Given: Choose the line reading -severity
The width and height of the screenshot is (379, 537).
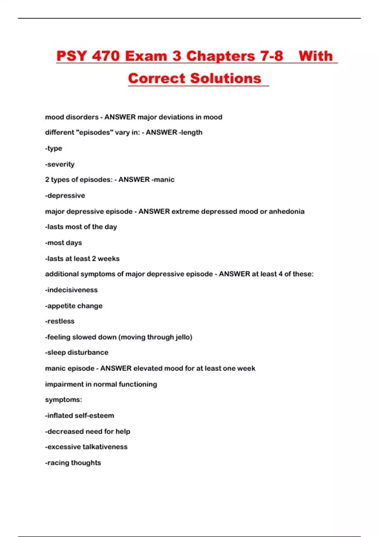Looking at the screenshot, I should [x=60, y=164].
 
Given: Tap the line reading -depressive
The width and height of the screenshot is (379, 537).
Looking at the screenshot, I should [x=65, y=196].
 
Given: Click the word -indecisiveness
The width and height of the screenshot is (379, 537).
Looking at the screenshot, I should [x=71, y=290].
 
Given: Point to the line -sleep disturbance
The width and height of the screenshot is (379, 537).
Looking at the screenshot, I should [x=77, y=352].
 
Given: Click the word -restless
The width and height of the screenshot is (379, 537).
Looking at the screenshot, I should [x=60, y=321].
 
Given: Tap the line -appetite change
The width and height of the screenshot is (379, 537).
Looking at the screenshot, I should [x=74, y=306].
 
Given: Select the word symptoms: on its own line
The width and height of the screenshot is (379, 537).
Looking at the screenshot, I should [x=63, y=400].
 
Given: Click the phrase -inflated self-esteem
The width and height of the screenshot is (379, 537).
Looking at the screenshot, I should [x=80, y=415].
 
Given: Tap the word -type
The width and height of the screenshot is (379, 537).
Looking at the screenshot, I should [x=54, y=148].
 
